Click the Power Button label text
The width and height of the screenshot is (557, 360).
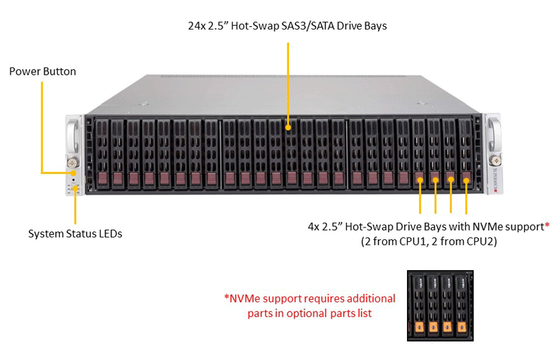(x=43, y=71)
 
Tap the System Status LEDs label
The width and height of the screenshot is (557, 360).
(x=75, y=234)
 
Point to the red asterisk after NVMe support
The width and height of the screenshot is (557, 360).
(x=547, y=225)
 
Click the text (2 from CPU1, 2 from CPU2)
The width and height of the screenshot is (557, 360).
(x=429, y=242)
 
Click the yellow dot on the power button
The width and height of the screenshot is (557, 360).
(x=73, y=173)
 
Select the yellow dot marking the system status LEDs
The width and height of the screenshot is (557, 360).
(x=75, y=188)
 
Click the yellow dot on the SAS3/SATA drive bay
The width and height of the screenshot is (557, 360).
(x=288, y=127)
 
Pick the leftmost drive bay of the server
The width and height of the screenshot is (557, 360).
(x=102, y=153)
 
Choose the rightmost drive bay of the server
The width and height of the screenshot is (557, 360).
(x=466, y=153)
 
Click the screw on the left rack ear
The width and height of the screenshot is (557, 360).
(x=73, y=163)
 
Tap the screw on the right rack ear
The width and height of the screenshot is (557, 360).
(x=495, y=161)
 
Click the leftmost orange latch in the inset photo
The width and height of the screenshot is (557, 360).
(x=419, y=328)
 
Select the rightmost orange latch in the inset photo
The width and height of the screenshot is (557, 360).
(x=461, y=328)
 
